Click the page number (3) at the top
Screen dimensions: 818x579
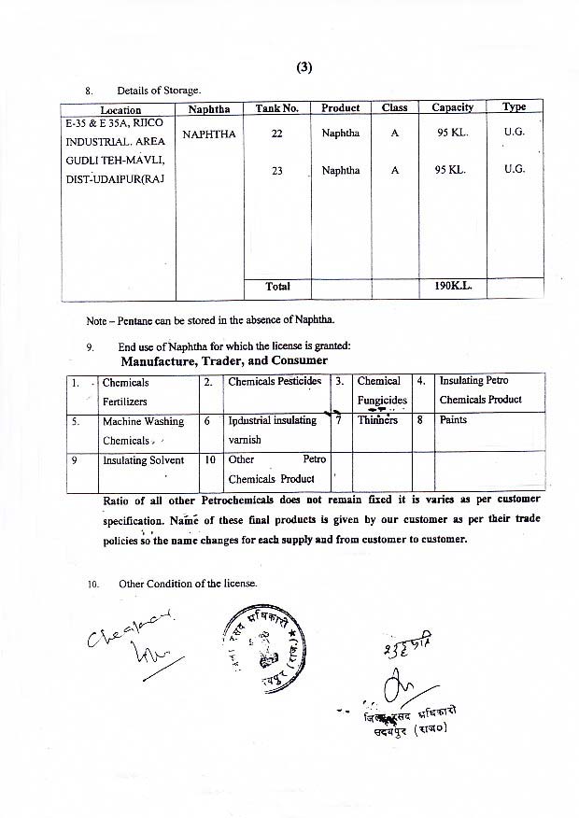pos(304,67)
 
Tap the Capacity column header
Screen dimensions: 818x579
pos(452,108)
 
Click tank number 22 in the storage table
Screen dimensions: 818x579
pos(277,134)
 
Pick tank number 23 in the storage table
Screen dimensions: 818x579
pos(277,171)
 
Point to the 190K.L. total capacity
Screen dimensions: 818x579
pos(454,287)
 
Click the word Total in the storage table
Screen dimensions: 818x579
pos(277,287)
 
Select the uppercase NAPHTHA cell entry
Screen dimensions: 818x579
pos(209,134)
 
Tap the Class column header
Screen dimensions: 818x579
pos(395,108)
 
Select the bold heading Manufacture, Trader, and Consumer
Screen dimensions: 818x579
pos(223,360)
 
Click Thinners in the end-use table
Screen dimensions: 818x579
pos(377,420)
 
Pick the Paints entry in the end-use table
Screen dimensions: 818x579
pos(453,420)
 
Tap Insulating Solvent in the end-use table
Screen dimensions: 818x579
pos(143,460)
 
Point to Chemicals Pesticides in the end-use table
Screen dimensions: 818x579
pos(275,382)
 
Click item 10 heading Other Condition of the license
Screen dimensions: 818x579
pos(187,585)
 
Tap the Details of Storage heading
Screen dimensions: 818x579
pos(159,91)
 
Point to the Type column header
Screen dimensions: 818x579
pos(514,107)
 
